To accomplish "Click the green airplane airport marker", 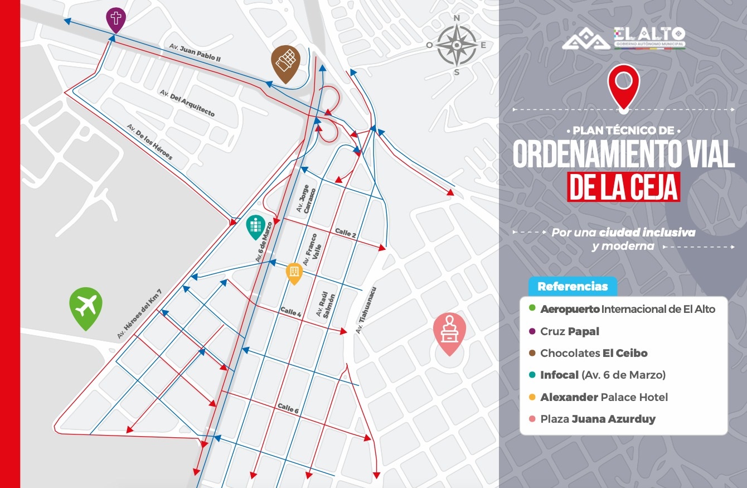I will (86, 306).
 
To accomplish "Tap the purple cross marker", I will (116, 20).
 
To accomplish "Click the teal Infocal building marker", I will (255, 225).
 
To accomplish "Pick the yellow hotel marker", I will (294, 272).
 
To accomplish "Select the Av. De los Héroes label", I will (150, 142).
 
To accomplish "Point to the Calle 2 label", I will (346, 233).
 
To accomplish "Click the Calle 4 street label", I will (290, 312).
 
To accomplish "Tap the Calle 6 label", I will (288, 409).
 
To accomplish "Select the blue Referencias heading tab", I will (573, 287).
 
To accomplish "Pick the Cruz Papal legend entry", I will (570, 331).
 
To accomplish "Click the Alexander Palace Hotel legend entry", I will (604, 397).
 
